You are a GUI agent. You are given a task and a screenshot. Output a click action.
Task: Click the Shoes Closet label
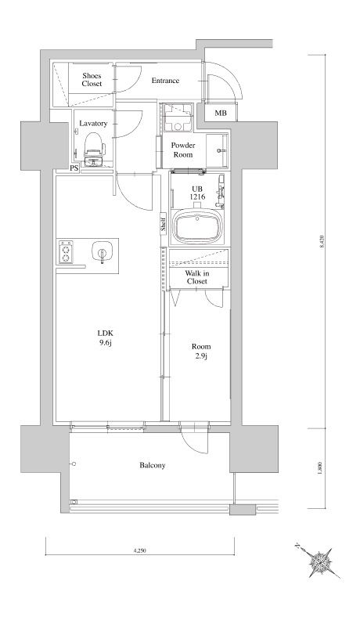click(92, 80)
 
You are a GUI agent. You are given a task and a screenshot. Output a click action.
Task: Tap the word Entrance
click(165, 81)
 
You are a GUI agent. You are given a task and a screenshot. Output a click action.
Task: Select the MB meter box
click(221, 114)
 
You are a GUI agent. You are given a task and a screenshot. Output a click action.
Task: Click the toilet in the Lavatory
click(93, 150)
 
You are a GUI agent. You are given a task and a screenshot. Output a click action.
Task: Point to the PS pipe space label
click(74, 168)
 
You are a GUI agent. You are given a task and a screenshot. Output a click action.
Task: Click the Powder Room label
click(183, 150)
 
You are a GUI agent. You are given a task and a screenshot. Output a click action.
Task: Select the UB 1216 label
click(196, 192)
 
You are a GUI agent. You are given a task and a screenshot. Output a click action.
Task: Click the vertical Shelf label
click(163, 224)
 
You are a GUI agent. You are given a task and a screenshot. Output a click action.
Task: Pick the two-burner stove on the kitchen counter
click(65, 252)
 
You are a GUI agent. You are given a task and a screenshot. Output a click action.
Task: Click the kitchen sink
click(103, 252)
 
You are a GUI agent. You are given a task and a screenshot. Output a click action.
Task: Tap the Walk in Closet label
click(197, 277)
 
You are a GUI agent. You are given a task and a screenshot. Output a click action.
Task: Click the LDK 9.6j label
click(105, 337)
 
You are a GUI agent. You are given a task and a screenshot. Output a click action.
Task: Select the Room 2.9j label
click(201, 351)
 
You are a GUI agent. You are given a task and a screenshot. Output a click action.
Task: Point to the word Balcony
click(153, 465)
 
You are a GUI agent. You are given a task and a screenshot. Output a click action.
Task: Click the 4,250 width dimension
click(139, 551)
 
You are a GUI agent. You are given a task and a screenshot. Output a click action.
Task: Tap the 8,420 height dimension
click(322, 241)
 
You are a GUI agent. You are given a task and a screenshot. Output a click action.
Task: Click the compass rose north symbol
click(319, 562)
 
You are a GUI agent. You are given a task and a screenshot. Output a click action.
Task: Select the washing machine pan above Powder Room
click(177, 118)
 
